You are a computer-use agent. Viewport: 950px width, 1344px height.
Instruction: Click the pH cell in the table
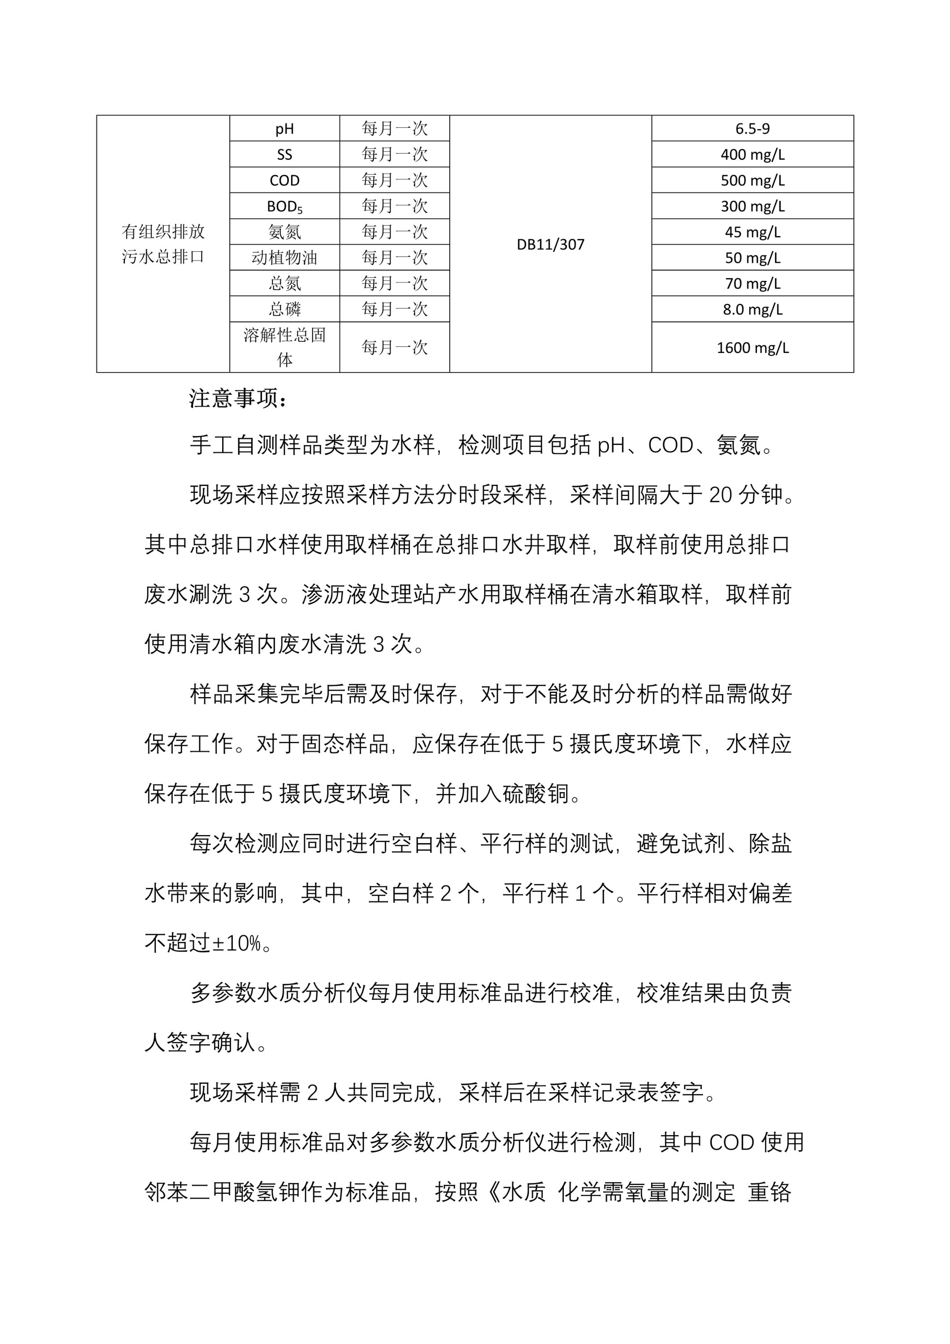coord(284,129)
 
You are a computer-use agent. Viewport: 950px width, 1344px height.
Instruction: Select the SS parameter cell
coord(284,155)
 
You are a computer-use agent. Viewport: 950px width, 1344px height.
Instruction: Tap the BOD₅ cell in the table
coord(284,206)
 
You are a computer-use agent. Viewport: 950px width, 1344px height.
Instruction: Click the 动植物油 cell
coord(284,258)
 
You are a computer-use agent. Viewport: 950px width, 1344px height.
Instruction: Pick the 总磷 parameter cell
coord(284,309)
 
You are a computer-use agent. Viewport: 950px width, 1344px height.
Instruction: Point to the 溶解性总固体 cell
coord(284,347)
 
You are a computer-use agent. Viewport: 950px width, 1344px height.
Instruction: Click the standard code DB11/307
coord(550,245)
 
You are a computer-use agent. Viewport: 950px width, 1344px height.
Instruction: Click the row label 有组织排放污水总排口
coord(163,244)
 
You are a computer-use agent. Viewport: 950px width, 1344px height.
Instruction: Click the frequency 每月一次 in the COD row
coord(395,180)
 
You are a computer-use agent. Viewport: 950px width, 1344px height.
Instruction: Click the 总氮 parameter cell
coord(284,283)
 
